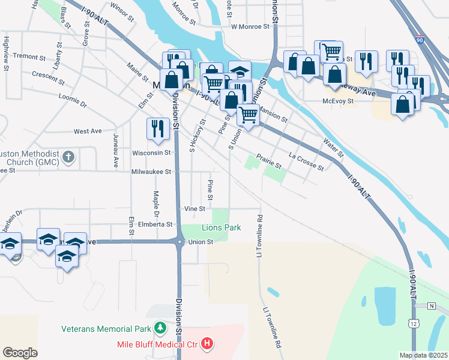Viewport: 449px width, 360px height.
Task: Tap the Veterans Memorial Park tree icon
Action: coord(160,328)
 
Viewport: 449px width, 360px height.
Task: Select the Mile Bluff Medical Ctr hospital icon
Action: coord(207,344)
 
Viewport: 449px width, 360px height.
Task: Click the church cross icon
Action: coord(69,157)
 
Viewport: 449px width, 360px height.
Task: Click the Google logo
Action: coord(20,353)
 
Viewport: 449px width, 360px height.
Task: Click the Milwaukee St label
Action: coord(151,172)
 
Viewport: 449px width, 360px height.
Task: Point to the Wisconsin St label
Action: coord(152,153)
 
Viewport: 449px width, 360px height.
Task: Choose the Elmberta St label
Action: coord(155,224)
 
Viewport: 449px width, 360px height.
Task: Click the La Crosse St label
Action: coord(306,162)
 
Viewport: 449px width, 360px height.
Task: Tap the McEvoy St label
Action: coord(338,101)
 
